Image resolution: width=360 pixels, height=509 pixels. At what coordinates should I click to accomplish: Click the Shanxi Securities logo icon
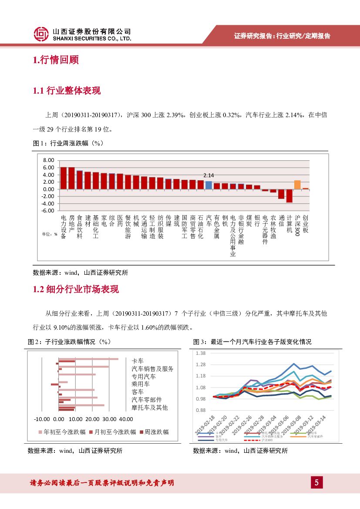[41, 34]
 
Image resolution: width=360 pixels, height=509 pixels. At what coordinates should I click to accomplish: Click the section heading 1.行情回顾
[56, 60]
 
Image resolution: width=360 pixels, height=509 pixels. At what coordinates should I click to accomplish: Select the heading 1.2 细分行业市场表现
[76, 290]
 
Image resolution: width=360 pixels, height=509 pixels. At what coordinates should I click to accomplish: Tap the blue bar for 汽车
[209, 185]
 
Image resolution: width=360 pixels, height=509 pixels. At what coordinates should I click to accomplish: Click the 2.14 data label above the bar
[209, 175]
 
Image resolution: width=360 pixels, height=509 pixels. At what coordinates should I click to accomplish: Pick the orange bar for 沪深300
[297, 185]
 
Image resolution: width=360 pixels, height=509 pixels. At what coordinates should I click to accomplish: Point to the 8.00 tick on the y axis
[48, 160]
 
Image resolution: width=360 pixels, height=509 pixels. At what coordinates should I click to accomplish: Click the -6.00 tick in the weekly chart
[47, 211]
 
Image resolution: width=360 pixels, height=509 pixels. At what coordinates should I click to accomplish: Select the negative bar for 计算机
[289, 196]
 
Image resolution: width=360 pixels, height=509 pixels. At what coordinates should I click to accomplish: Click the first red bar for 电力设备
[64, 178]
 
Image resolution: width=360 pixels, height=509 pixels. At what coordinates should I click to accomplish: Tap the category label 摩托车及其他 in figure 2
[149, 408]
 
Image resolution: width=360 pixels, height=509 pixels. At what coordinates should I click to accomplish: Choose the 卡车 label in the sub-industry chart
[138, 361]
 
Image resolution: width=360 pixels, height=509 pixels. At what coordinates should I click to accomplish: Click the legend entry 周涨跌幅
[154, 432]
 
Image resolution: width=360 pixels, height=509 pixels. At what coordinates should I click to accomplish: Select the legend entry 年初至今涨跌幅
[64, 432]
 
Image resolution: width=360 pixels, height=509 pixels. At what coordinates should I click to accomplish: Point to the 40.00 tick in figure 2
[126, 419]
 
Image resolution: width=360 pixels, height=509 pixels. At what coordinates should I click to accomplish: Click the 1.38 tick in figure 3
[201, 353]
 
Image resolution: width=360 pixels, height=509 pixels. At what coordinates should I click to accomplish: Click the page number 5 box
[316, 482]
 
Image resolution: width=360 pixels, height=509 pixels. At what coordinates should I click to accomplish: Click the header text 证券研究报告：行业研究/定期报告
[282, 36]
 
